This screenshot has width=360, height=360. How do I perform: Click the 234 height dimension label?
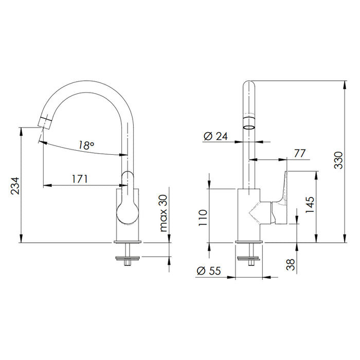[15, 186]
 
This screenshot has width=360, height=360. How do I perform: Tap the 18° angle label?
[86, 145]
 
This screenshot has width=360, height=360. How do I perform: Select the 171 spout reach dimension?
[80, 179]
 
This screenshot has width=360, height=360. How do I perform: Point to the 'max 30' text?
[163, 213]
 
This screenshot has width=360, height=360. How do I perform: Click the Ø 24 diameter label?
[215, 136]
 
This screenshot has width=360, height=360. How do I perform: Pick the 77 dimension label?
[300, 154]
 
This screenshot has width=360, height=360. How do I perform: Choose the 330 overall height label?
[338, 160]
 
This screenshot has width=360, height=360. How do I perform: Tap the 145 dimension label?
[310, 205]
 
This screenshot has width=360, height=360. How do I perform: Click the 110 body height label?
[203, 218]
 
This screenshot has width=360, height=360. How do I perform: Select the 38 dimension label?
[291, 264]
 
